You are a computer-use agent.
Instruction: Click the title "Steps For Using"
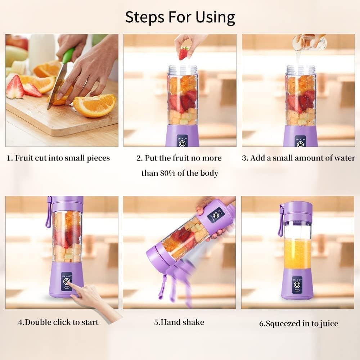pos(180,17)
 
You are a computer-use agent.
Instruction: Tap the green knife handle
pos(68,56)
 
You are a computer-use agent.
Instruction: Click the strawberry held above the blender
pos(184,53)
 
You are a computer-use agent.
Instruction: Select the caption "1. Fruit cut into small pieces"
pos(59,158)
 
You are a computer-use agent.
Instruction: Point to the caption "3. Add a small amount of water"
pos(298,158)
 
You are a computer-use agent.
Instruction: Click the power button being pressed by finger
pos(66,282)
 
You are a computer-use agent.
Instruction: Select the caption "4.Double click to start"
pos(58,322)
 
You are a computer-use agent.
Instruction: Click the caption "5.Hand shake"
pos(179,322)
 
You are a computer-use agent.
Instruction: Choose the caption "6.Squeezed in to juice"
pos(298,323)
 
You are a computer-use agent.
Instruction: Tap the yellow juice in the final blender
pos(297,254)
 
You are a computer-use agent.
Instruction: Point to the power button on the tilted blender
pos(215,216)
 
